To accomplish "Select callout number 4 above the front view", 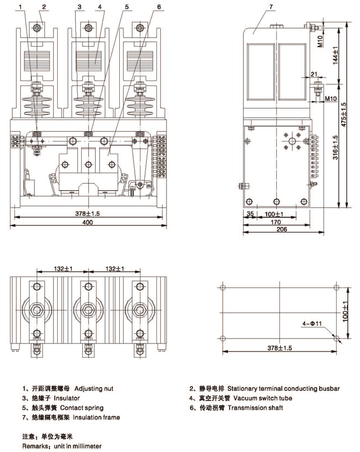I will [99, 7].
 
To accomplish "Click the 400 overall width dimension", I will [87, 223].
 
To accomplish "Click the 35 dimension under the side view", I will [250, 214].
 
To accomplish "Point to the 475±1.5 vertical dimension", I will [344, 114].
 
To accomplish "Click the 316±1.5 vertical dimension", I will [336, 145].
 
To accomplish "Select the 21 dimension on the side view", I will [314, 74].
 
